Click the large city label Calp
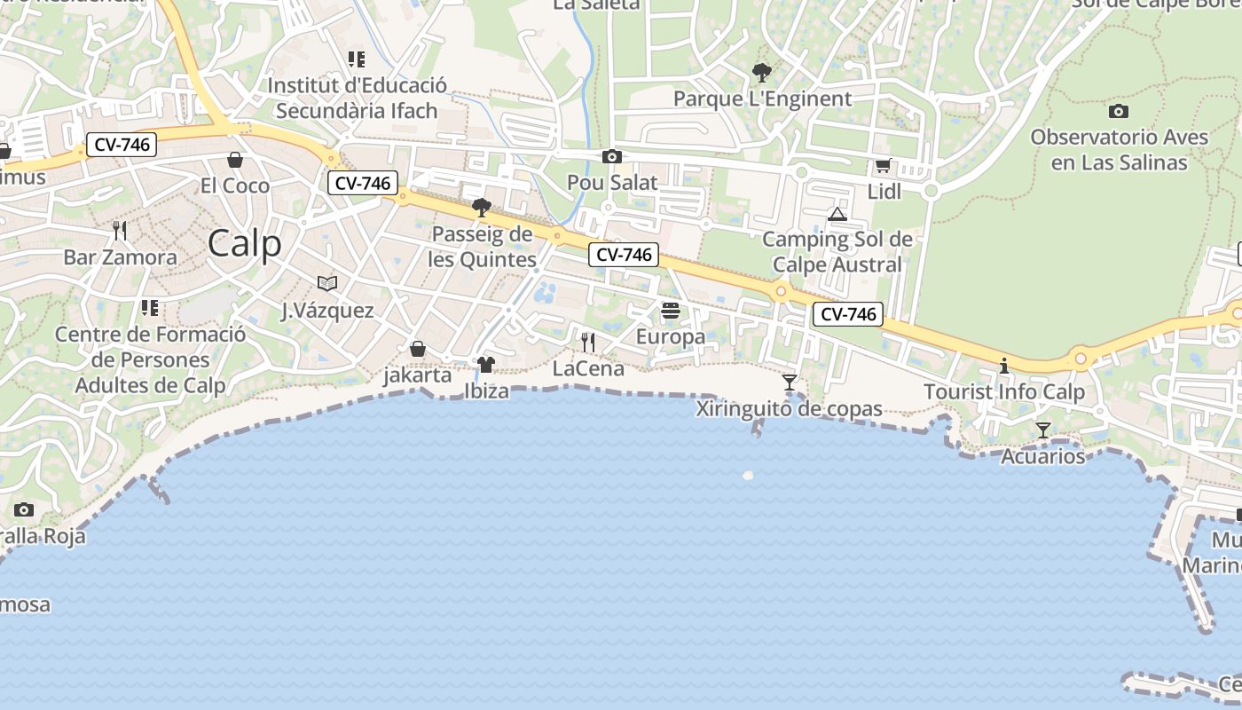tap(244, 243)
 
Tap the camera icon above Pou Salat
tap(611, 157)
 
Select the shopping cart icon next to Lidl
tap(883, 165)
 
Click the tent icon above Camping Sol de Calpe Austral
tap(837, 214)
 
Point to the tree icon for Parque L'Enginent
tap(761, 73)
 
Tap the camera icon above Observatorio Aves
tap(1119, 111)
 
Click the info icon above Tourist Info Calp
tap(1004, 366)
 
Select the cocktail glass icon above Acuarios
tap(1043, 430)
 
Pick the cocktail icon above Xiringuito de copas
tap(789, 383)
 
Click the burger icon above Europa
tap(671, 311)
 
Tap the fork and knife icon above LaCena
tap(588, 342)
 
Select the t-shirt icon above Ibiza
tap(485, 364)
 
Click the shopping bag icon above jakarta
tap(418, 349)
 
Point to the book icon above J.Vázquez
tap(327, 283)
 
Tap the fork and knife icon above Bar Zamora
tap(120, 231)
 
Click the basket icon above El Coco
tap(235, 160)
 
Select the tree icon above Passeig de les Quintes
tap(482, 208)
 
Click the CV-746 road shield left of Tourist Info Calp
tap(847, 313)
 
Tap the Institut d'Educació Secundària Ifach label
tap(357, 98)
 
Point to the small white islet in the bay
tap(748, 475)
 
